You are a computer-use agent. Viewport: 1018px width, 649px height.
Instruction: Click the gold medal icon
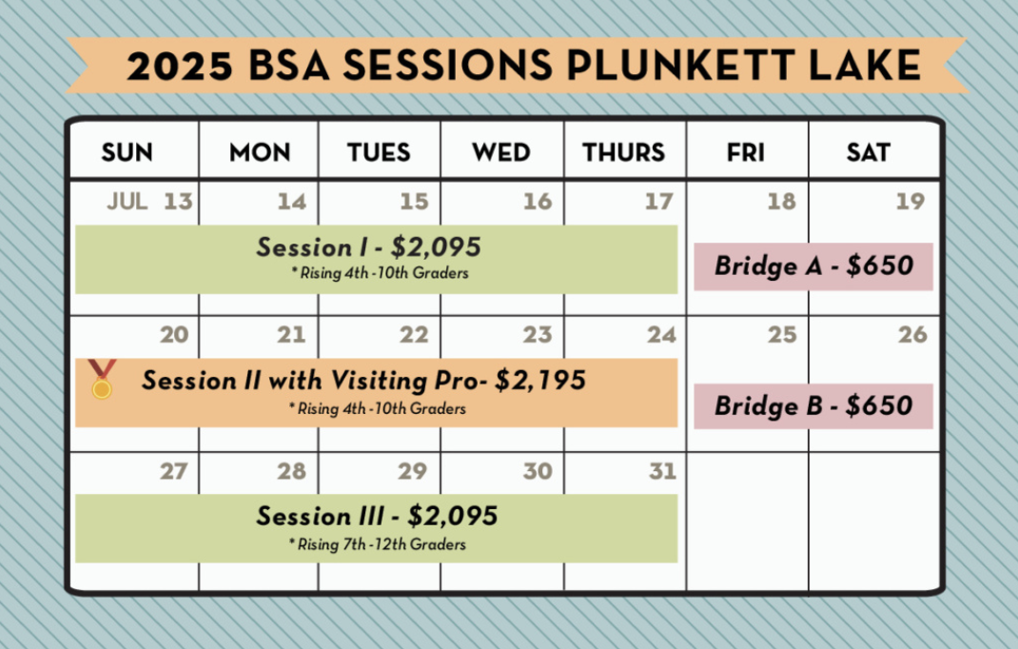pos(102,380)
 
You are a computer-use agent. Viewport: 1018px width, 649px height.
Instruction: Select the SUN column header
pos(127,152)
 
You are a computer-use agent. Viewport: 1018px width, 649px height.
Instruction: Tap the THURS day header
pos(624,152)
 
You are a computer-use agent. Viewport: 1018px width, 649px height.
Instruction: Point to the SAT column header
pos(868,152)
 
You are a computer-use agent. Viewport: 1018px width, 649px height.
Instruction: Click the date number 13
pos(178,202)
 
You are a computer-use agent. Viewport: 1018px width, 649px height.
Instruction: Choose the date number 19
pos(910,202)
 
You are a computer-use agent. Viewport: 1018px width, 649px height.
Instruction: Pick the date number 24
pos(661,335)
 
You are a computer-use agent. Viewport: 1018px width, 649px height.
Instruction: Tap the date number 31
pos(663,471)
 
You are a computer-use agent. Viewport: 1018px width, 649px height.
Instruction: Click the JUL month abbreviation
pos(127,202)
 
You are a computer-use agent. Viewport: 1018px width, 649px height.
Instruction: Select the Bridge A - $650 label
pos(813,265)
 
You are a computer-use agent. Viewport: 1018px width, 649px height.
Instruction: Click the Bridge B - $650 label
pos(813,406)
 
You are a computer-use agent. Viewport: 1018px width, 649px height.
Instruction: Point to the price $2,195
pos(540,380)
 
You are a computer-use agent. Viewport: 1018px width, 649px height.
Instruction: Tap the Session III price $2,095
pos(453,516)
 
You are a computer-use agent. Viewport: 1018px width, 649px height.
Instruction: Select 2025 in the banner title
pos(180,66)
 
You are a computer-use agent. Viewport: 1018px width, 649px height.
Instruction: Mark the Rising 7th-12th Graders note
pos(377,544)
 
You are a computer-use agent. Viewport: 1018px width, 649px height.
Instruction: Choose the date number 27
pos(174,471)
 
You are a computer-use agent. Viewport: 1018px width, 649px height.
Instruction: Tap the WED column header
pos(501,152)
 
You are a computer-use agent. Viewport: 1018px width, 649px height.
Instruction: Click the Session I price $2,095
pos(436,246)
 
